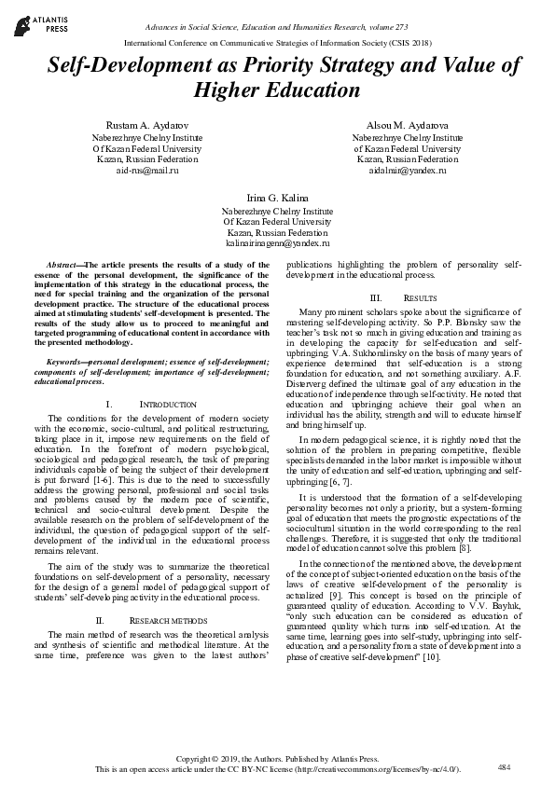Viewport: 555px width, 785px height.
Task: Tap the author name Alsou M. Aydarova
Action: (x=401, y=125)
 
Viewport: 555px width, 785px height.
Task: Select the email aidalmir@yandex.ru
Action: (x=401, y=171)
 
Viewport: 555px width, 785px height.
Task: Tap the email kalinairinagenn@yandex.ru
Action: (x=277, y=242)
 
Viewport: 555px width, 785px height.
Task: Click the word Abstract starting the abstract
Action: (x=63, y=266)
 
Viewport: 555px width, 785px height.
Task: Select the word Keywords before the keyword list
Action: (x=67, y=360)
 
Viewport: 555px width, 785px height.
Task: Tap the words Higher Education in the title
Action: (x=277, y=90)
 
